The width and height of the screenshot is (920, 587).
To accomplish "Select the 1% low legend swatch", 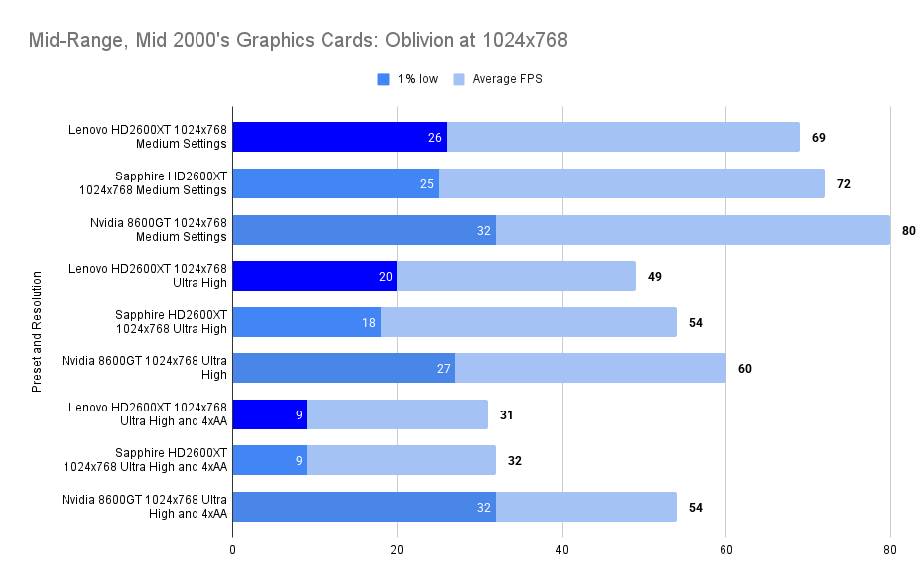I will pos(384,79).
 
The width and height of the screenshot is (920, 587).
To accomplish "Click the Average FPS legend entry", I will pos(507,79).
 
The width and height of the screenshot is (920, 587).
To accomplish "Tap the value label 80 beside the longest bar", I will pos(908,230).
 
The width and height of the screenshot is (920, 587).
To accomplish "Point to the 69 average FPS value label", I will pos(819,137).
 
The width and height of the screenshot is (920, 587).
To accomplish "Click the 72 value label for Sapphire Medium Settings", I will pos(843,183).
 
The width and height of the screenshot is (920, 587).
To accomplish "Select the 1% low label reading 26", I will pos(435,137).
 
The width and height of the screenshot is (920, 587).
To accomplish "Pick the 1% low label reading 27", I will pos(443,368).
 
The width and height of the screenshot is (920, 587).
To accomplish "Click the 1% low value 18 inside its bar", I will pos(369,322).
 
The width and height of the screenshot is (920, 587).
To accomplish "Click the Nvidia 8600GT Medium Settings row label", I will pos(159,229).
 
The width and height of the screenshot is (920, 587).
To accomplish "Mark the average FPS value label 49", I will pos(655,276).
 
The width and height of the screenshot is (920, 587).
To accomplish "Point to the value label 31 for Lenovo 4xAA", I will pos(506,414).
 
